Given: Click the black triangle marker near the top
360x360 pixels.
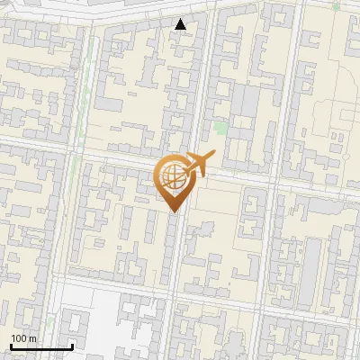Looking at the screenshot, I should click(x=182, y=24).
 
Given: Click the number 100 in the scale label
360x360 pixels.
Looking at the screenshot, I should click(x=18, y=338).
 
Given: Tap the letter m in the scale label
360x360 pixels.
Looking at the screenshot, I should click(x=31, y=338).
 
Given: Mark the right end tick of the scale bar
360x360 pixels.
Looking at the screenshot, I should click(x=72, y=346).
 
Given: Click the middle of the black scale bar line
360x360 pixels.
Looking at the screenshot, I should click(x=40, y=347).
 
